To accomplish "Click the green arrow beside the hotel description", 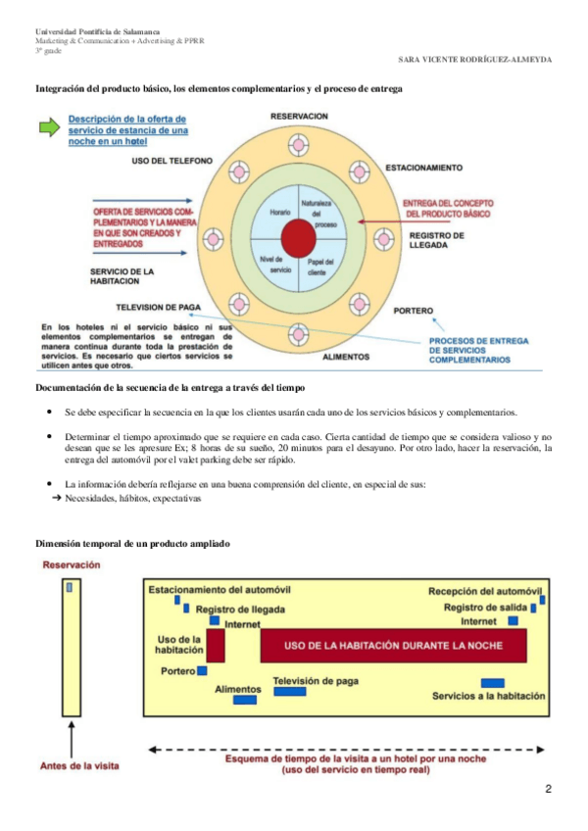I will click(x=49, y=126).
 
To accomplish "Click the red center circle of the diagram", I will click(x=298, y=236).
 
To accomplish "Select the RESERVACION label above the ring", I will click(x=299, y=116).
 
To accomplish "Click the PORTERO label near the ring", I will click(x=413, y=312).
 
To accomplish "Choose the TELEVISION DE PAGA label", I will click(x=158, y=307).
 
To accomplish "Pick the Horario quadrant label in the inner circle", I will click(x=280, y=212).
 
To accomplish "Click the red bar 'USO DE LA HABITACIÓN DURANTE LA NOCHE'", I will click(x=392, y=645).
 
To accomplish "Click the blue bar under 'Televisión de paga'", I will click(x=289, y=692).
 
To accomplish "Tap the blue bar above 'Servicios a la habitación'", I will click(x=493, y=682).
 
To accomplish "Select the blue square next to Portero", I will click(x=202, y=671).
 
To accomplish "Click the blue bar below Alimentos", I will click(x=245, y=700).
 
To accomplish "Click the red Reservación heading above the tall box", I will click(x=72, y=564).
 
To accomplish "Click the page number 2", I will click(x=548, y=789).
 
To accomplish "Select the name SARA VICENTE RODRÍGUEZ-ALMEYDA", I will click(x=475, y=59).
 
